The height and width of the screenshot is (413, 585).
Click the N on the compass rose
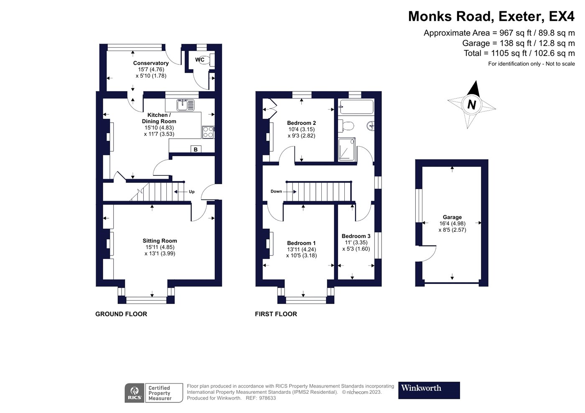pyautogui.click(x=471, y=105)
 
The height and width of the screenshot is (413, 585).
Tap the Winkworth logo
pyautogui.click(x=429, y=390)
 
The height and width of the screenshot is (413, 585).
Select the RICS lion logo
pyautogui.click(x=135, y=393)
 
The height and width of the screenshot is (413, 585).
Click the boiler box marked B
pyautogui.click(x=196, y=149)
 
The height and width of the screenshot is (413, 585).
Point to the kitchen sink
pyautogui.click(x=186, y=105)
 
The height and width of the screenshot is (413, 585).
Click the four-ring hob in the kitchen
pyautogui.click(x=208, y=132)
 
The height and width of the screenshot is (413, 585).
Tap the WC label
pyautogui.click(x=200, y=60)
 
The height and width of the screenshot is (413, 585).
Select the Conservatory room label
pyautogui.click(x=151, y=63)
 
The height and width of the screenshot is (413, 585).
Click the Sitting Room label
pyautogui.click(x=160, y=241)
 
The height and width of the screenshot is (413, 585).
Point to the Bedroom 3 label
pyautogui.click(x=356, y=236)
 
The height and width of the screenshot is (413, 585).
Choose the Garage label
pyautogui.click(x=452, y=217)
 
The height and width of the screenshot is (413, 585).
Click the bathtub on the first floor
pyautogui.click(x=356, y=107)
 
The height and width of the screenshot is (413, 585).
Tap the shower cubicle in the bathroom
pyautogui.click(x=347, y=149)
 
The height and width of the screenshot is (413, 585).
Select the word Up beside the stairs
pyautogui.click(x=192, y=192)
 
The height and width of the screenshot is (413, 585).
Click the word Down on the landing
pyautogui.click(x=276, y=191)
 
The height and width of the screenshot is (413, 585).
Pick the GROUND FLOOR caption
pyautogui.click(x=121, y=314)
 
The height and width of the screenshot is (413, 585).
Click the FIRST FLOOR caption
pyautogui.click(x=276, y=314)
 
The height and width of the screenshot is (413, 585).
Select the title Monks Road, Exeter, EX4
pyautogui.click(x=491, y=16)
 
